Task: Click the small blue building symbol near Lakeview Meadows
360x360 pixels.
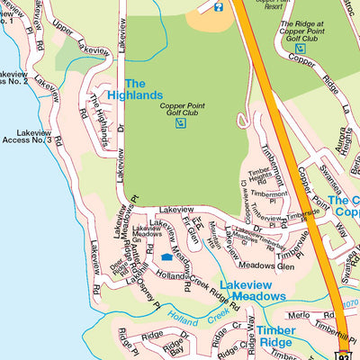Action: coord(166,257)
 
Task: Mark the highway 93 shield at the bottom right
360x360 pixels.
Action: coord(345,352)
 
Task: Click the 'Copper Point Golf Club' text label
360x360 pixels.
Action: coord(183,110)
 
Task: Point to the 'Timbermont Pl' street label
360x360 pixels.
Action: coord(270,193)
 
